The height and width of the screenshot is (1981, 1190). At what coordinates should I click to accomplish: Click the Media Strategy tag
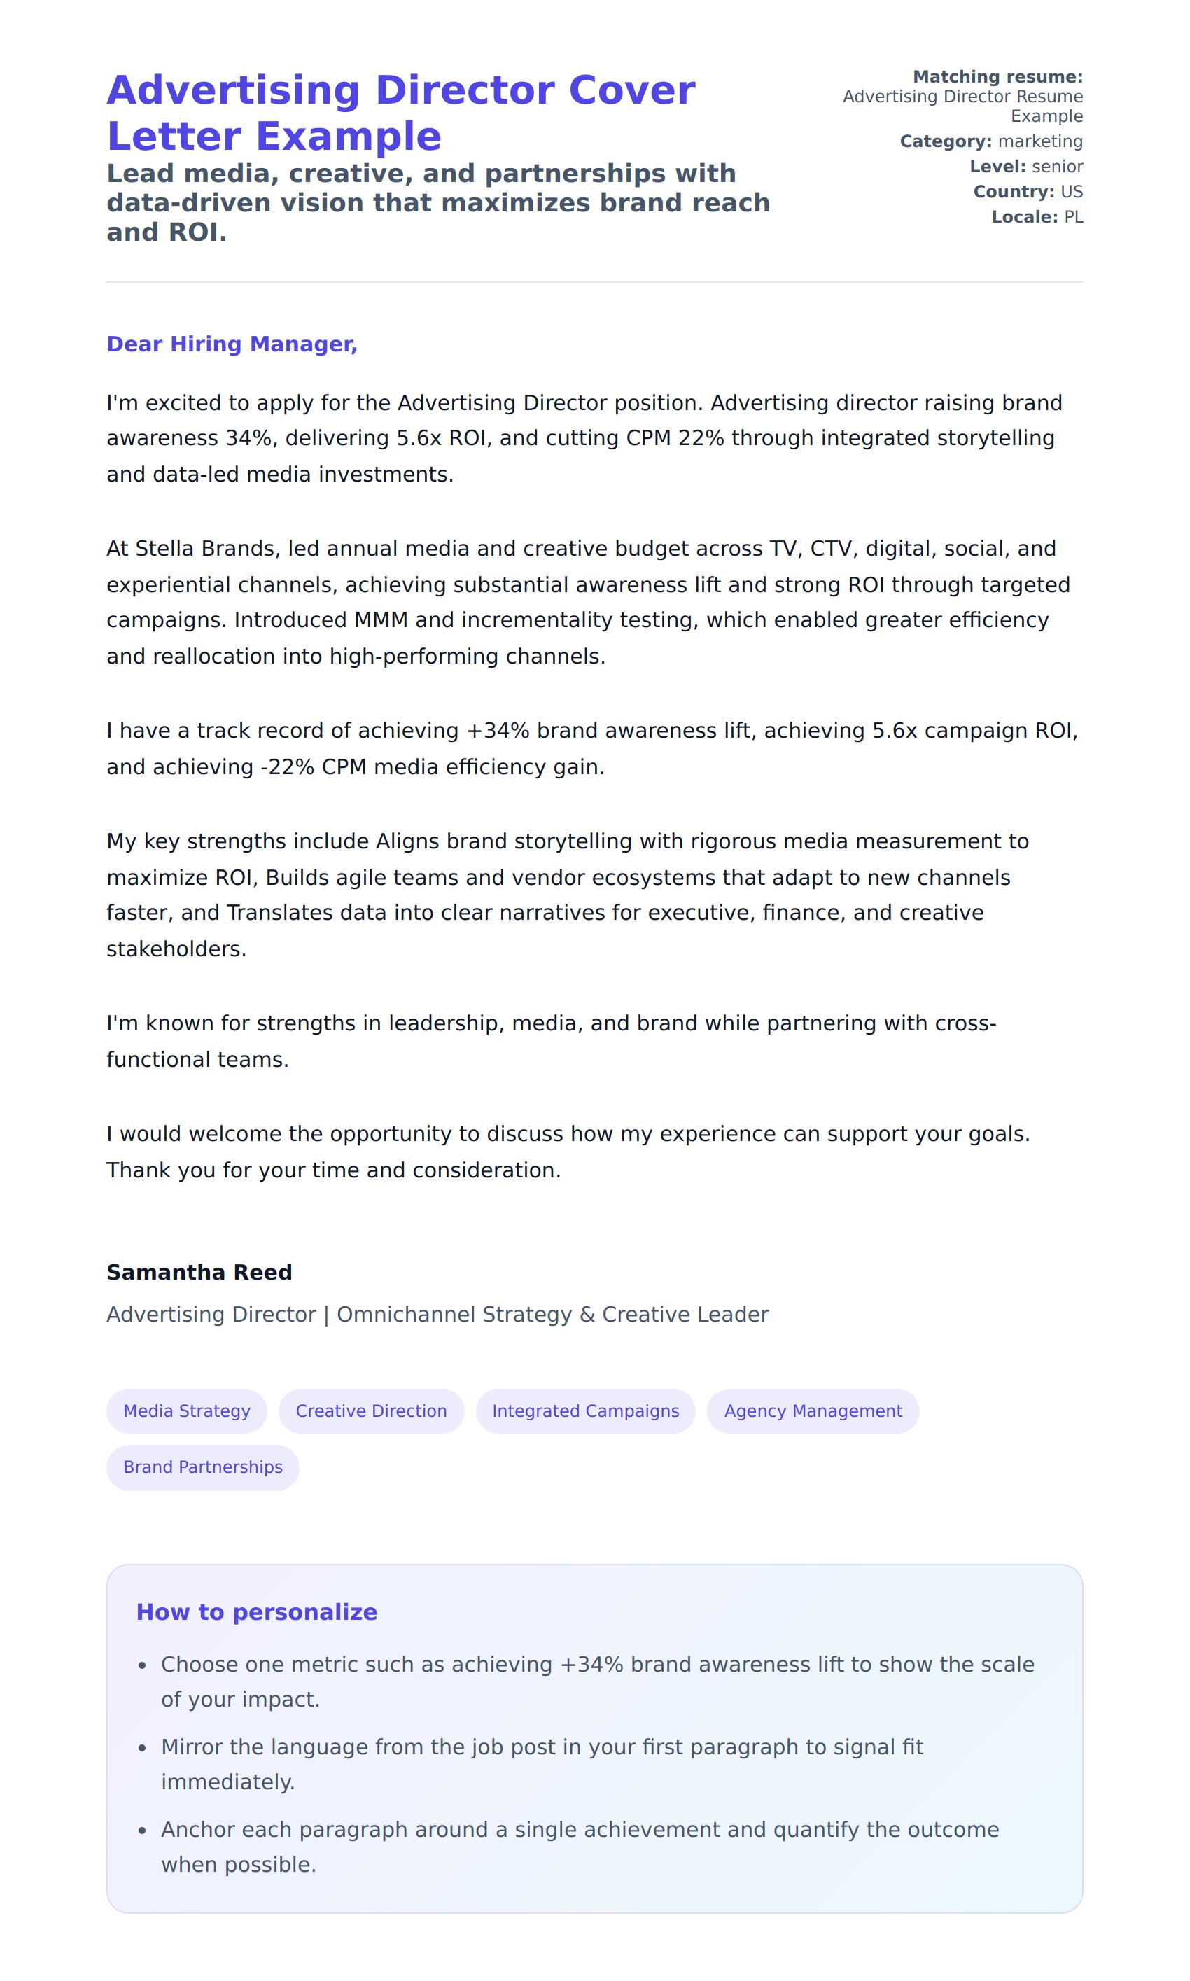tap(186, 1410)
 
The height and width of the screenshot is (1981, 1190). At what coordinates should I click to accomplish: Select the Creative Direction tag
tap(370, 1410)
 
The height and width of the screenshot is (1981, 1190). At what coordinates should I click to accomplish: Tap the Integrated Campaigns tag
tap(585, 1410)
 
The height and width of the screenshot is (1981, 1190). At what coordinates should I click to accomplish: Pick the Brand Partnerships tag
tap(203, 1466)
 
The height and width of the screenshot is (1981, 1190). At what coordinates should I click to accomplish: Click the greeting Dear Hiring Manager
tap(232, 344)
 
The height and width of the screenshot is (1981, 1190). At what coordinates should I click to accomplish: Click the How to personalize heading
tap(257, 1611)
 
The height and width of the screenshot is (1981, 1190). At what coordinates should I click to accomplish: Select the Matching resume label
tap(997, 77)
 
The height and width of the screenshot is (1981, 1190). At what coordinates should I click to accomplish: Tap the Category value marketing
tap(1040, 141)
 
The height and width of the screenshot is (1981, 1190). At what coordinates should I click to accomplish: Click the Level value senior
tap(1057, 167)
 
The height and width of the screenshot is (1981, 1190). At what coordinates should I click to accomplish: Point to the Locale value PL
tap(1073, 217)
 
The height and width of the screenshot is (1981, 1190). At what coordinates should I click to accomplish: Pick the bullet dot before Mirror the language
tap(142, 1748)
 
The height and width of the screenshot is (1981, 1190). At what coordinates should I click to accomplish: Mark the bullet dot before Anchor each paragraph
tap(142, 1830)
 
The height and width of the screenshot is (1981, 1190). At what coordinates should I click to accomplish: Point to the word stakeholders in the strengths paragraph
tap(176, 948)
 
